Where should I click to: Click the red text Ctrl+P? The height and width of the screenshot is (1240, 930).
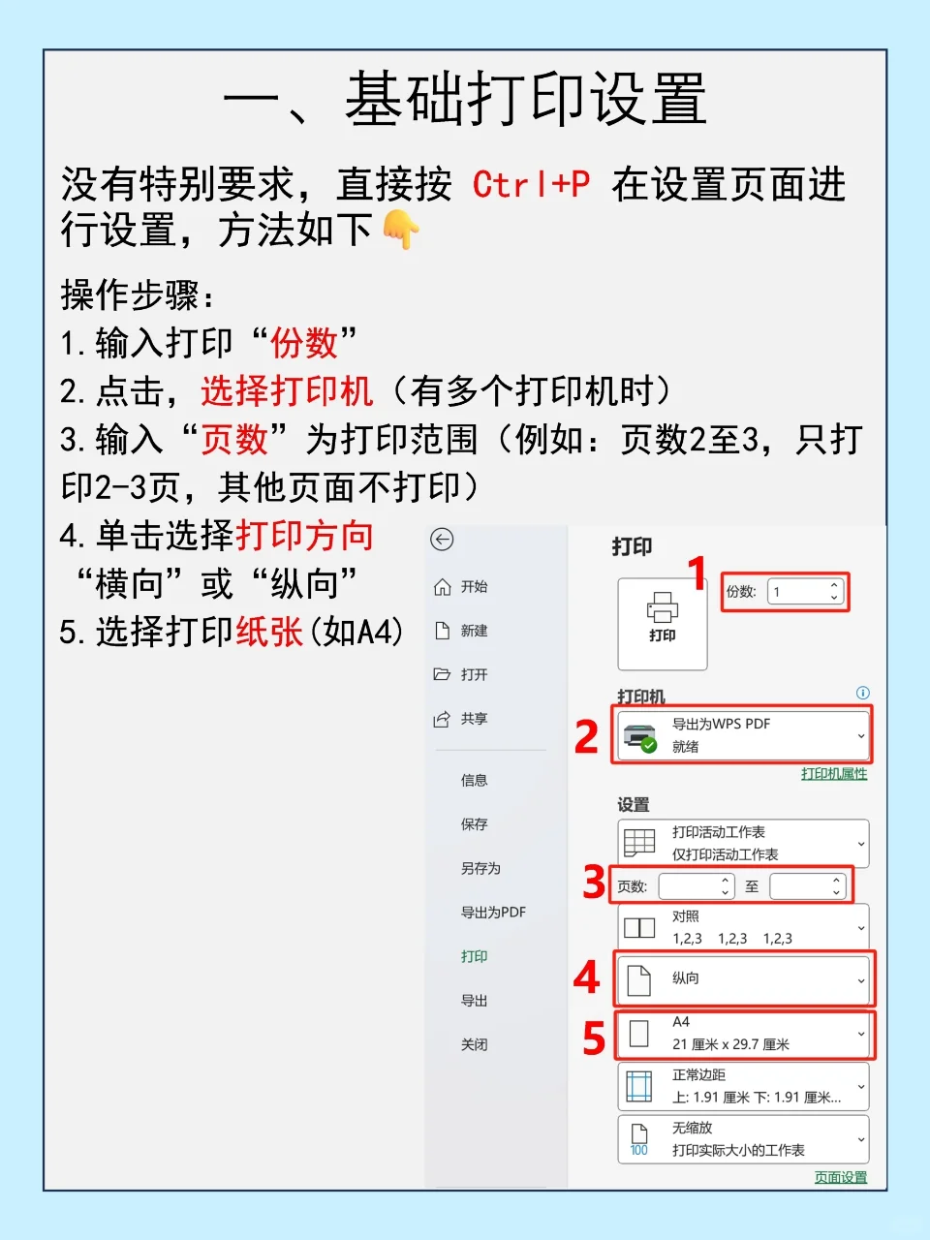point(531,184)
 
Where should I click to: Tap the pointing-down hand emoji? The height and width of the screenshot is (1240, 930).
point(401,230)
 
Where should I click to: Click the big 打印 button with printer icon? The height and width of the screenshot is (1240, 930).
point(663,624)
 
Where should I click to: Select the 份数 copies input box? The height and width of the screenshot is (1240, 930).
point(803,592)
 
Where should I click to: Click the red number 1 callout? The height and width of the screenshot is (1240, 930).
point(697,573)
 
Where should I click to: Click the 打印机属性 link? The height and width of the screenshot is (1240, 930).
point(833,773)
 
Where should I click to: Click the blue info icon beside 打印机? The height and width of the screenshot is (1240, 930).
point(862,693)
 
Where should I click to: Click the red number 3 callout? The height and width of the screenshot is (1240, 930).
point(594,883)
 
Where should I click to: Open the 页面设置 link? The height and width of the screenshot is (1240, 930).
point(840,1177)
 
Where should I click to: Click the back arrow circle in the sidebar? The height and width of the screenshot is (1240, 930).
point(442,540)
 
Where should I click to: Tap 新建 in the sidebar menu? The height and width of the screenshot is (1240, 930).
point(474,631)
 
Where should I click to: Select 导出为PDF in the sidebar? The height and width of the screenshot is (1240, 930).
point(493,913)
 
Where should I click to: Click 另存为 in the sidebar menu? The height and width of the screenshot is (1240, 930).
point(480,868)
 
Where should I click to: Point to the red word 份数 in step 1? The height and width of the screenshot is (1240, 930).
point(303,343)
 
